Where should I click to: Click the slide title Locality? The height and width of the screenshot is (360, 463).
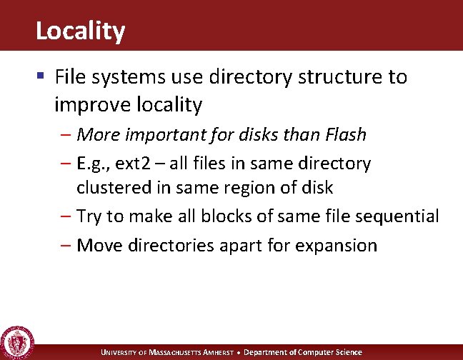(80, 31)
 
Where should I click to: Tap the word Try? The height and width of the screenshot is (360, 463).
(89, 216)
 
